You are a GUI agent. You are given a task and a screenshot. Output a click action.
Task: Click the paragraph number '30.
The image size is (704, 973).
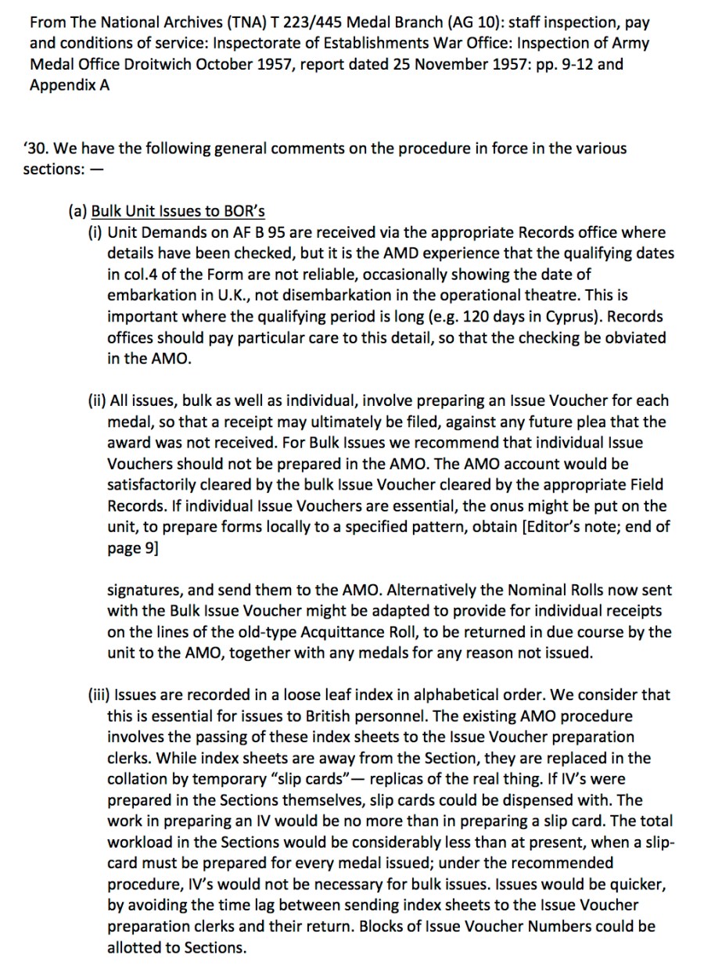[40, 148]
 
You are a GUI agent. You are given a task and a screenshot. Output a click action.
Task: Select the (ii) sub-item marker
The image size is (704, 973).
[96, 400]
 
